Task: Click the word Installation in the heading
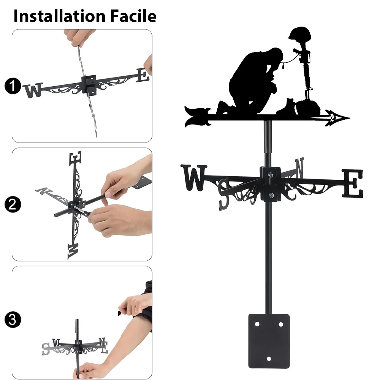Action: [60, 16]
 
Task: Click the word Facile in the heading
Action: [133, 16]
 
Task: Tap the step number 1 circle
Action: [13, 86]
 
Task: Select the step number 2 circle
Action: [13, 204]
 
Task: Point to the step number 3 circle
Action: [13, 320]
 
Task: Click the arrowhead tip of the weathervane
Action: [350, 118]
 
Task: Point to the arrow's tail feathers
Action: [198, 116]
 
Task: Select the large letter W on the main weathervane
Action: [194, 177]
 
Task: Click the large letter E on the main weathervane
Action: [353, 184]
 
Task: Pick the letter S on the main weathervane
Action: [224, 194]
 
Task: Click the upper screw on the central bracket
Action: [271, 174]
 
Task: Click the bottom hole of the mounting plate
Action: [269, 359]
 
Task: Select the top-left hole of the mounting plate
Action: [257, 324]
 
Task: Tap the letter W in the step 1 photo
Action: [33, 90]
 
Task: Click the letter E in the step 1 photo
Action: [143, 75]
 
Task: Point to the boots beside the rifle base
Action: [287, 106]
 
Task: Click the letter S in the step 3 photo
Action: [46, 349]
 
